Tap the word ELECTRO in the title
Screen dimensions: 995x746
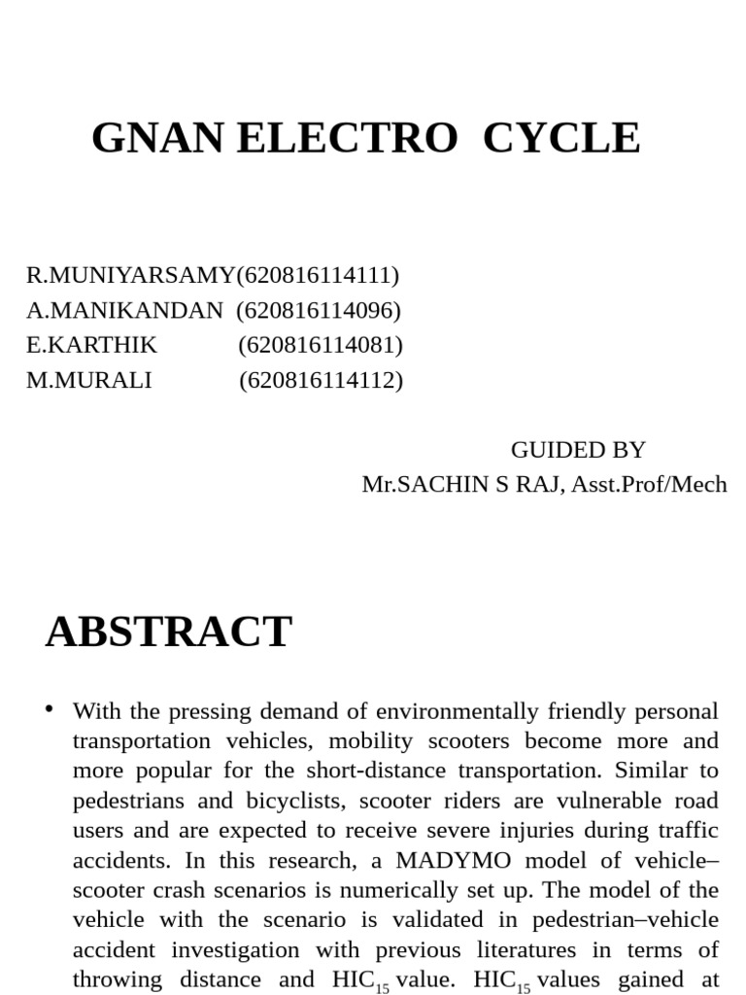(347, 138)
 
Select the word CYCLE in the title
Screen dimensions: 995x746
(561, 138)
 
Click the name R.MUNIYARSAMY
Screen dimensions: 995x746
(130, 275)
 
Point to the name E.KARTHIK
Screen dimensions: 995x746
(91, 345)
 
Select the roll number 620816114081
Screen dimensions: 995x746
(321, 345)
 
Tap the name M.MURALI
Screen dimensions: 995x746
(88, 380)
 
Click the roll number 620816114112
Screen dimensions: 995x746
(321, 380)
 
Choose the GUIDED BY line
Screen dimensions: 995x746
(578, 450)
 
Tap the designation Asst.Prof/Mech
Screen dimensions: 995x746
(649, 484)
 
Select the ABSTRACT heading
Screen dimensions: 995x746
(168, 632)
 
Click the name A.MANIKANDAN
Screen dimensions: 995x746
(124, 310)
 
